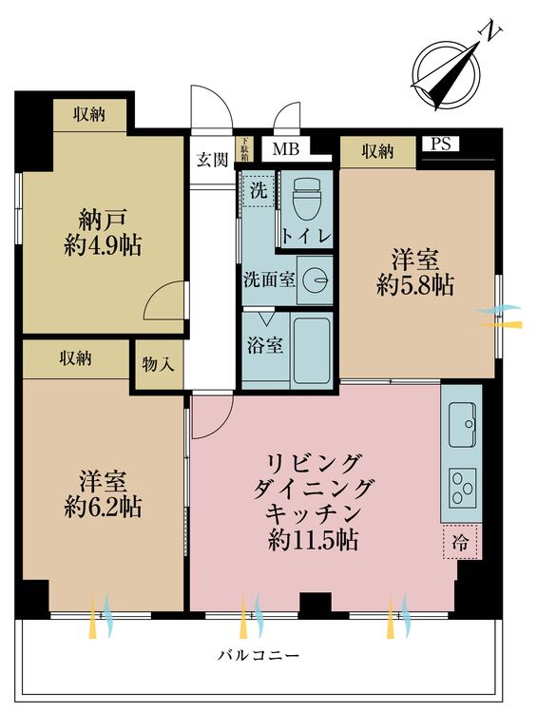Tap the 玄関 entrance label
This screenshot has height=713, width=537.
(x=212, y=160)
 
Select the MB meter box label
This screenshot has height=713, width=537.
(x=284, y=149)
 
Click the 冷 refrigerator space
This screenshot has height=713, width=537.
(x=460, y=544)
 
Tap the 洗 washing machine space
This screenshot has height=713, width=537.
(x=259, y=189)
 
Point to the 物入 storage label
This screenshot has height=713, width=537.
(x=158, y=364)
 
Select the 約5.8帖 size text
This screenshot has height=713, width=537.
(x=415, y=285)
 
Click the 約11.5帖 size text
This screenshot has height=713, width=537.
(x=313, y=542)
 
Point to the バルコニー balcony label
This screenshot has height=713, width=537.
(x=258, y=657)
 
